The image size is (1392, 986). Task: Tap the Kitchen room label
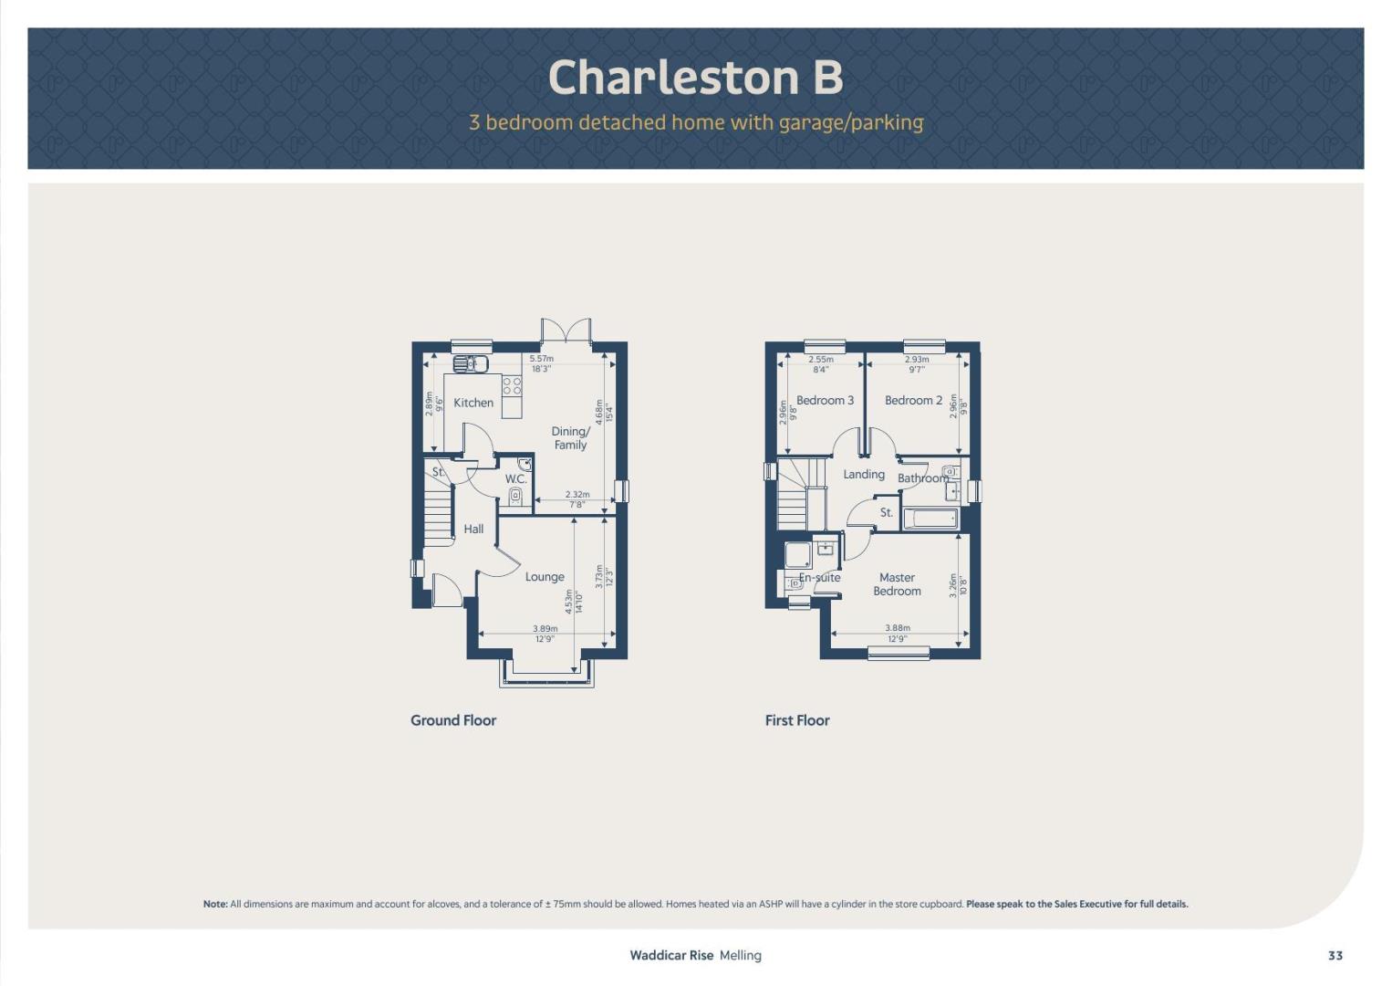coord(473,403)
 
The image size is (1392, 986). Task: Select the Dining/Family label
coord(570,438)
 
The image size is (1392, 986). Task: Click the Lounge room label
coord(545,577)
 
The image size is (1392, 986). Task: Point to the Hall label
coord(473,529)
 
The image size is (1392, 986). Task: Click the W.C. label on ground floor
coord(515,479)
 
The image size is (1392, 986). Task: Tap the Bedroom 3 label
coord(826,400)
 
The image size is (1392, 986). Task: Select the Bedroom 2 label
coord(913,400)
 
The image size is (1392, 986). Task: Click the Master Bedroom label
coord(898,584)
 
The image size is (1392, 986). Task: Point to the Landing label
coord(864,474)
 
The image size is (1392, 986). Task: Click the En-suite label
coord(820,577)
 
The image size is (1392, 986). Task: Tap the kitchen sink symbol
coord(471,364)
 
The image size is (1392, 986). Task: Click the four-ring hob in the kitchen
coord(512,385)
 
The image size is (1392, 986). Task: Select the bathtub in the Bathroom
coord(930,519)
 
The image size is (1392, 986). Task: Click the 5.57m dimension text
coord(541,359)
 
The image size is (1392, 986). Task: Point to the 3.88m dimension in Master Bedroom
coord(898,628)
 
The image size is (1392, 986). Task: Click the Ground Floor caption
coord(453,720)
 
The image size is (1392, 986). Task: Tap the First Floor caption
coord(797,720)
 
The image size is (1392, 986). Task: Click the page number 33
coord(1335,956)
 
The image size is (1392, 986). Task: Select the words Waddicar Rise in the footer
coord(671,956)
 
